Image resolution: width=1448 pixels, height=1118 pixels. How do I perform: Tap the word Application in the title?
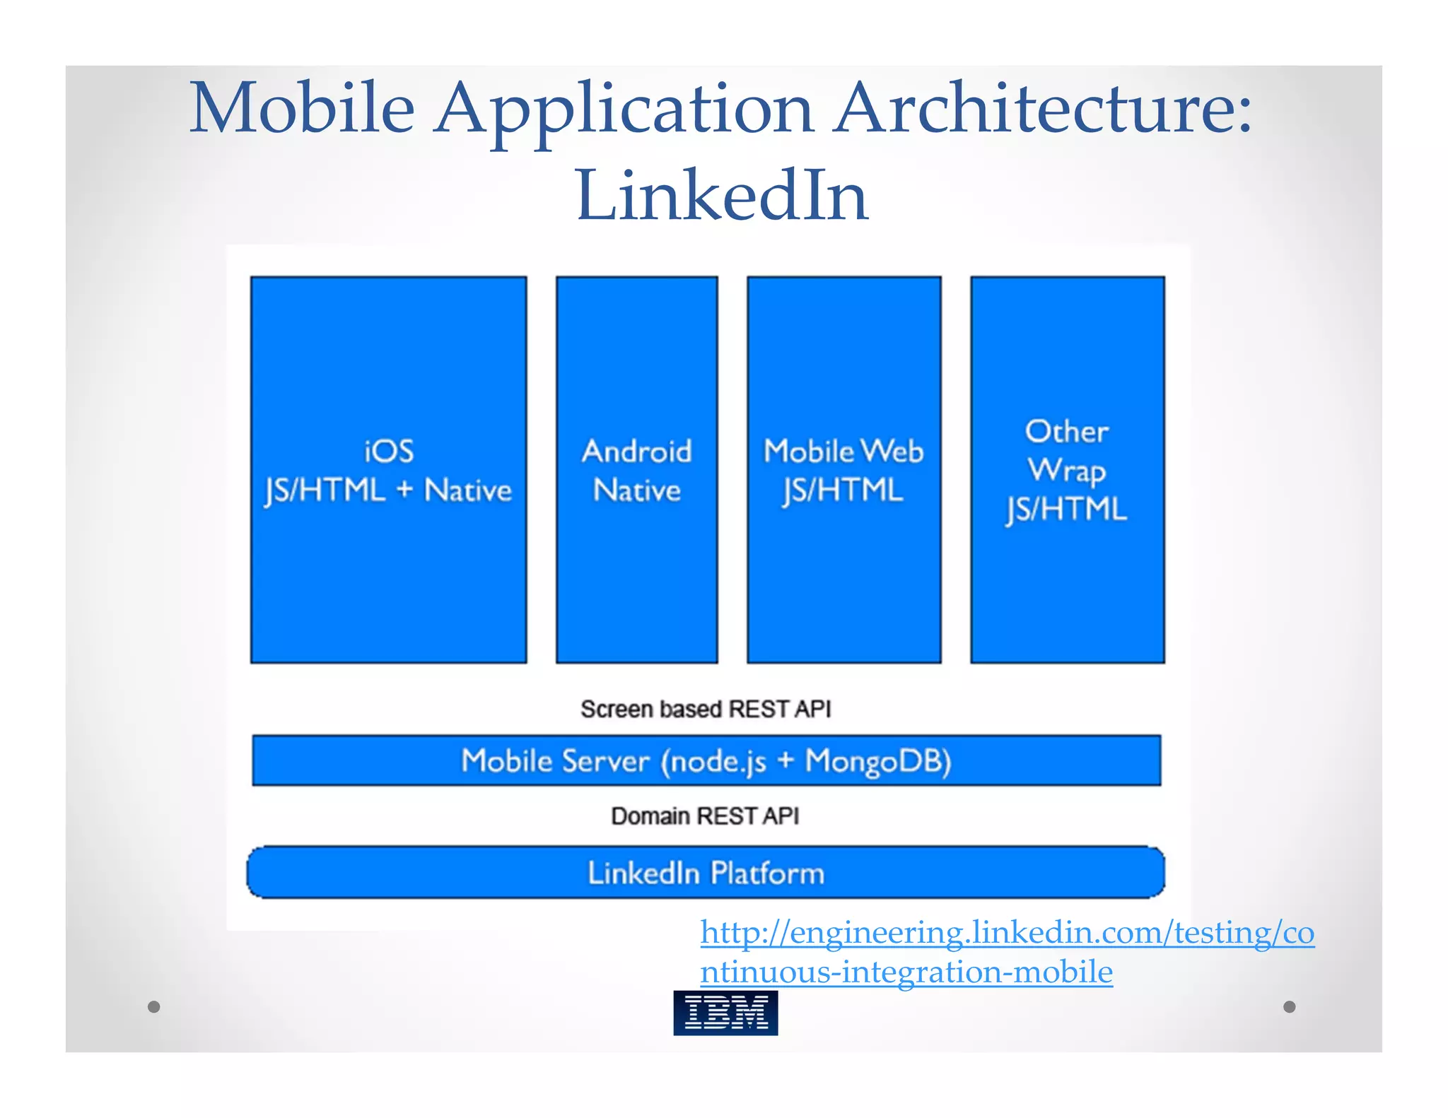pyautogui.click(x=624, y=110)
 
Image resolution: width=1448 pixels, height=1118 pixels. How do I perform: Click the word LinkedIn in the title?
pyautogui.click(x=722, y=196)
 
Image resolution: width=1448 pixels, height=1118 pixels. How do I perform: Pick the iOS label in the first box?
pyautogui.click(x=388, y=452)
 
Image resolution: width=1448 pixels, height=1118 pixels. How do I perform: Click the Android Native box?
pyautogui.click(x=636, y=469)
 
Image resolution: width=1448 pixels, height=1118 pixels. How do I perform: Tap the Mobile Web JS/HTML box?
pyautogui.click(x=843, y=469)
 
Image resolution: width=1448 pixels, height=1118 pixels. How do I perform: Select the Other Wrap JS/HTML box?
pyautogui.click(x=1067, y=469)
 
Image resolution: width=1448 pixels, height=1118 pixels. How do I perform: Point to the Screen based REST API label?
pyautogui.click(x=706, y=709)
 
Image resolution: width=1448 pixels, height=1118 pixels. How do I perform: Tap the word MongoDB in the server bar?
pyautogui.click(x=879, y=761)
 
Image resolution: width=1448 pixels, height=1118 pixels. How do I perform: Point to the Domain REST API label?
pyautogui.click(x=705, y=816)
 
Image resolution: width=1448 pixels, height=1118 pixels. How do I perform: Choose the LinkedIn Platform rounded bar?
pyautogui.click(x=706, y=873)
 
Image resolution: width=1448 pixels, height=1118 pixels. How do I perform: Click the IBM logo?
pyautogui.click(x=725, y=1013)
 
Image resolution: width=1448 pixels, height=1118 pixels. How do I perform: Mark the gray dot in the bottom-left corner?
pyautogui.click(x=154, y=1006)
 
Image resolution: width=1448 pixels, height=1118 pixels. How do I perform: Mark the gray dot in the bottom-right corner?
pyautogui.click(x=1290, y=1006)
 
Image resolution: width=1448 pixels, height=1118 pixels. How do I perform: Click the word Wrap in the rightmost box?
pyautogui.click(x=1067, y=471)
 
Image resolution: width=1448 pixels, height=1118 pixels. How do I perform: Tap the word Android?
pyautogui.click(x=636, y=452)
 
